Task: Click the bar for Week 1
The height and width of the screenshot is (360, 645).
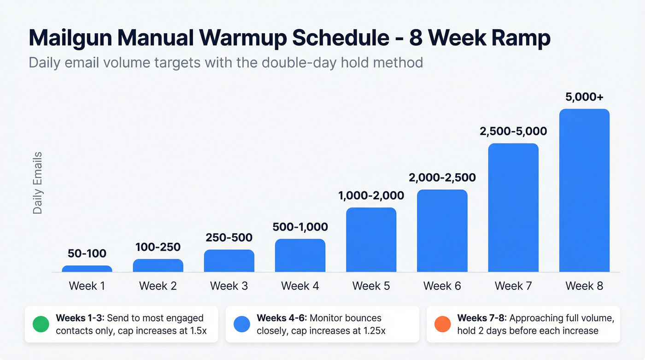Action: (87, 269)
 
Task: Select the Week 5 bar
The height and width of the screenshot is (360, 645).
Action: (371, 240)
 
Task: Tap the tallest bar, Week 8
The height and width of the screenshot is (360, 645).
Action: (584, 190)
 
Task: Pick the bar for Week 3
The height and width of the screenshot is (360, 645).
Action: (229, 261)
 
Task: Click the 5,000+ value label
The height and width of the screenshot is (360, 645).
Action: (584, 97)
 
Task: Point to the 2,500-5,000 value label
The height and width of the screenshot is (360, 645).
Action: (513, 131)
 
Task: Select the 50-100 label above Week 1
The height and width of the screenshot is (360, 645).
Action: (87, 253)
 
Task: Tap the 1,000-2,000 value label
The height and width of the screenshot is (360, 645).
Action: (371, 195)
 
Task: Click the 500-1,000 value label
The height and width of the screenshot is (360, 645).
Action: (300, 227)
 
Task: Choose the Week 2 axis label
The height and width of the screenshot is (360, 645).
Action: (158, 286)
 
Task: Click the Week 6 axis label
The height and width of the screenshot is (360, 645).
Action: (442, 286)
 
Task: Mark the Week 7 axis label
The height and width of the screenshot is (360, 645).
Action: (513, 286)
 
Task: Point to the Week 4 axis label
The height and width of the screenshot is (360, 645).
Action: (300, 286)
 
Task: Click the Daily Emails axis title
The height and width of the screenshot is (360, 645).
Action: (38, 183)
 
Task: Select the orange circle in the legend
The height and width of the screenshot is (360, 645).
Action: (443, 325)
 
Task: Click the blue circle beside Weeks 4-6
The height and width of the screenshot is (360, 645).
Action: (242, 325)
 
